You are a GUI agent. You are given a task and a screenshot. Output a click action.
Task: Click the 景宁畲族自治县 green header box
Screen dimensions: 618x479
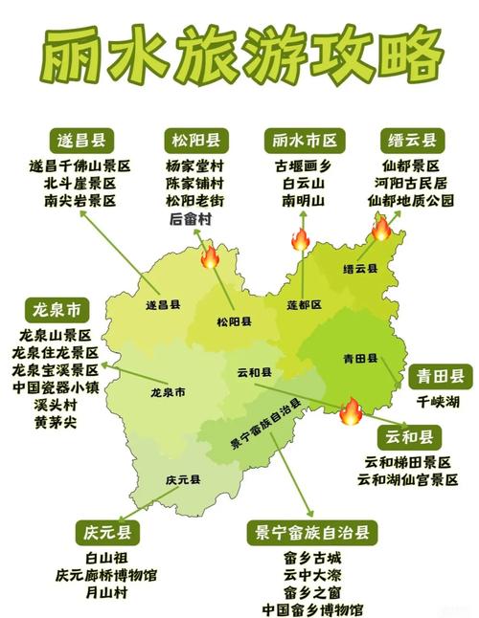(311, 531)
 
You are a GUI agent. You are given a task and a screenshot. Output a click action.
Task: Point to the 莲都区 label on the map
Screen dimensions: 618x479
(305, 304)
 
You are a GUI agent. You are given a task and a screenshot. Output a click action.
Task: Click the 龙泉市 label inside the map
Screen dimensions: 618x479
(168, 392)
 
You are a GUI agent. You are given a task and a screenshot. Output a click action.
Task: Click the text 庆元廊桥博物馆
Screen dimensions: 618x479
(105, 575)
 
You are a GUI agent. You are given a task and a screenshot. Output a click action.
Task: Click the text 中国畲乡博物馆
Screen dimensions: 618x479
(312, 609)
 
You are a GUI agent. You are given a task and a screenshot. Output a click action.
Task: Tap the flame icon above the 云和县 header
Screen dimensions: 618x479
(351, 410)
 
